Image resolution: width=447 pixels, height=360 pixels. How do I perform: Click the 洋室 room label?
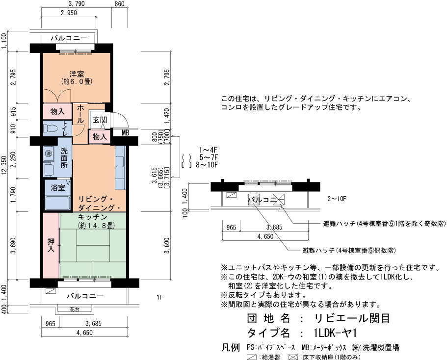tap(77, 74)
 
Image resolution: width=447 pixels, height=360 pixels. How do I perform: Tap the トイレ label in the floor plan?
tap(65, 129)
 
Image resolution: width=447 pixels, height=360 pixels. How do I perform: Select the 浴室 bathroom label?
tap(58, 187)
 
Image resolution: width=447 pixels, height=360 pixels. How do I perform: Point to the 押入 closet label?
tap(51, 245)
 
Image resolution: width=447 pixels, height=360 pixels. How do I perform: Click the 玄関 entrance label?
tap(100, 120)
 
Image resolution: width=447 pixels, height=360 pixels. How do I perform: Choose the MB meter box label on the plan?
tap(126, 133)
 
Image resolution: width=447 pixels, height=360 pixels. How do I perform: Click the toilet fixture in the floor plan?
tap(51, 129)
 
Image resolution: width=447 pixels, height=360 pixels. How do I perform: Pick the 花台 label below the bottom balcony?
tap(75, 309)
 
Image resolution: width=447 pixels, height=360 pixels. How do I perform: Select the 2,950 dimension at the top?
tap(69, 13)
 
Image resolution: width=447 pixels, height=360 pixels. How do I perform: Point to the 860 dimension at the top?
tap(119, 4)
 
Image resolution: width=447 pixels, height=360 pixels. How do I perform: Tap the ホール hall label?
tap(80, 114)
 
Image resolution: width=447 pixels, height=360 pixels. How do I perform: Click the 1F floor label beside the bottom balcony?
tap(159, 297)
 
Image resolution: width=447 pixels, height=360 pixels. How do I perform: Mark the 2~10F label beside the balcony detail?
tap(337, 199)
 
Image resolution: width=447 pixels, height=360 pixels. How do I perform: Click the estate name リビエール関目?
tap(352, 318)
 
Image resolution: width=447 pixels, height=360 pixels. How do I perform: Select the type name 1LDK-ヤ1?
tap(335, 333)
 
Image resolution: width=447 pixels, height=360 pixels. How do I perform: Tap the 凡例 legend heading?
tap(230, 347)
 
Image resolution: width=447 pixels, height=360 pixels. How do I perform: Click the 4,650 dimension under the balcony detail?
tap(265, 236)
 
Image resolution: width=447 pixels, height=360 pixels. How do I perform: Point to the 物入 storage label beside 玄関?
tap(100, 137)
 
